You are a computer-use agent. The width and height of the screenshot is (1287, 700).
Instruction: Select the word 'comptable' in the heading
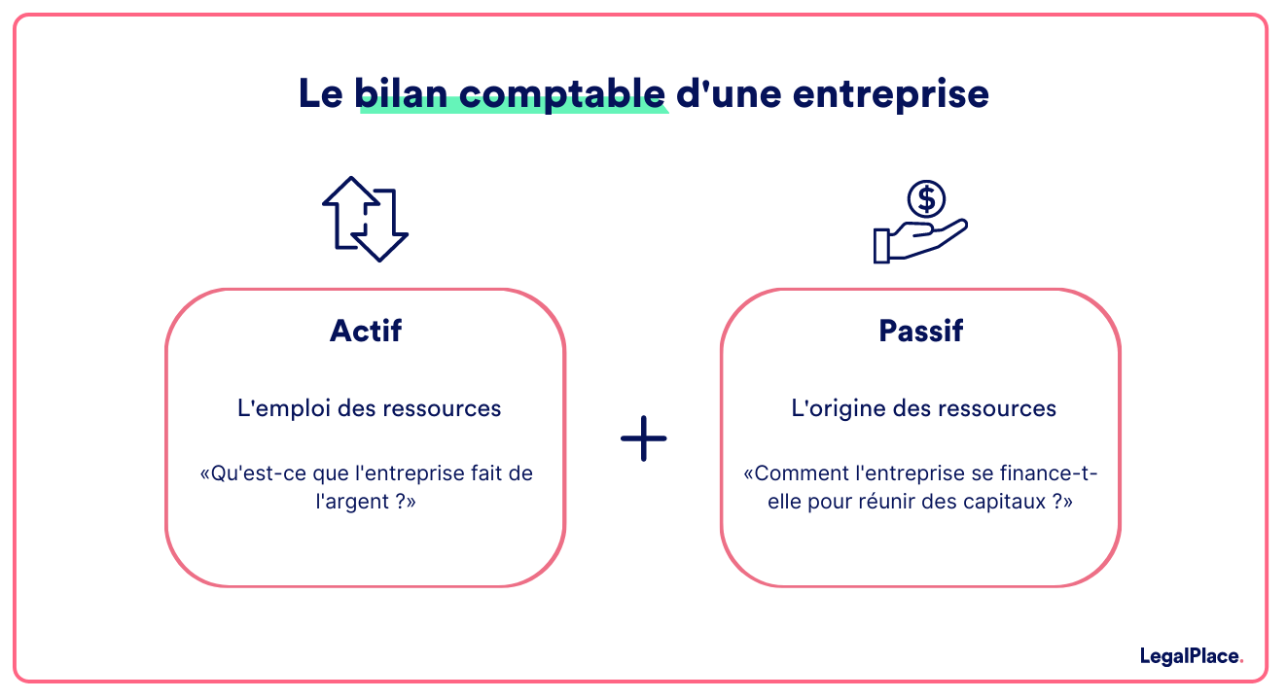(562, 93)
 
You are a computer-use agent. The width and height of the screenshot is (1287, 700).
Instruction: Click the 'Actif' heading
(366, 331)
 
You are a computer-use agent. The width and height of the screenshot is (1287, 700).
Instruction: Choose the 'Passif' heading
(920, 331)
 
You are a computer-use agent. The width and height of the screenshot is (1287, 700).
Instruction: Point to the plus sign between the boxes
(643, 439)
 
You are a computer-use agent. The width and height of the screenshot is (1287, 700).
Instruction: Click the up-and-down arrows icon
(365, 219)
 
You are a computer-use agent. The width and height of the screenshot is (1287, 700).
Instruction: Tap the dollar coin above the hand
(926, 199)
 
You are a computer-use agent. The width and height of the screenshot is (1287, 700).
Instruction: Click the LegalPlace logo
(1191, 657)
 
